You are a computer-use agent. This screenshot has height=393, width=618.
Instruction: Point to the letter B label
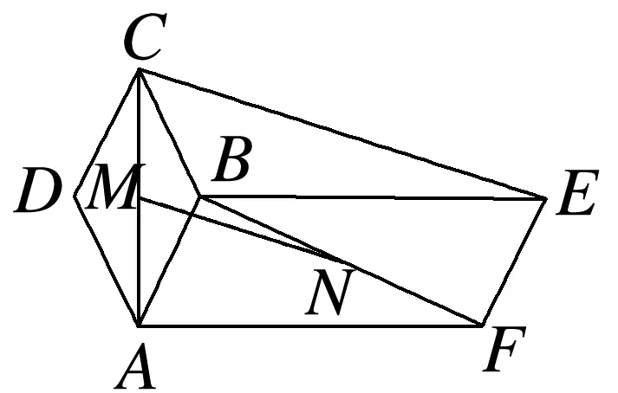click(231, 164)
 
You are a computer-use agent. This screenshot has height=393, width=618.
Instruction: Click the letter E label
click(575, 196)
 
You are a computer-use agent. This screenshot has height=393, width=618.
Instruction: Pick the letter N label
click(327, 295)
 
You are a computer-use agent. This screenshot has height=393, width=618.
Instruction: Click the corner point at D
click(74, 196)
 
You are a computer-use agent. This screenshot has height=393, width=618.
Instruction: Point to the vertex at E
click(546, 199)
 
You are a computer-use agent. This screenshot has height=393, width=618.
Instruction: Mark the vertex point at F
click(482, 325)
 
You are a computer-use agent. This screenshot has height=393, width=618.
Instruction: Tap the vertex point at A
click(139, 325)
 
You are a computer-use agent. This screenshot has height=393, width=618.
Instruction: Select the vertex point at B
click(200, 196)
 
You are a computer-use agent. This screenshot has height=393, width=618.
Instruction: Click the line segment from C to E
click(343, 134)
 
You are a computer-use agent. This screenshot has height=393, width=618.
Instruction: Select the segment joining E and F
click(514, 262)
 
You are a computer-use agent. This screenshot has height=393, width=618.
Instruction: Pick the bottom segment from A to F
click(310, 325)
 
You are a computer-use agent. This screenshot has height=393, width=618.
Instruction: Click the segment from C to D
click(107, 133)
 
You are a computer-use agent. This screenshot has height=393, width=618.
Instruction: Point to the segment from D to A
click(106, 261)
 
